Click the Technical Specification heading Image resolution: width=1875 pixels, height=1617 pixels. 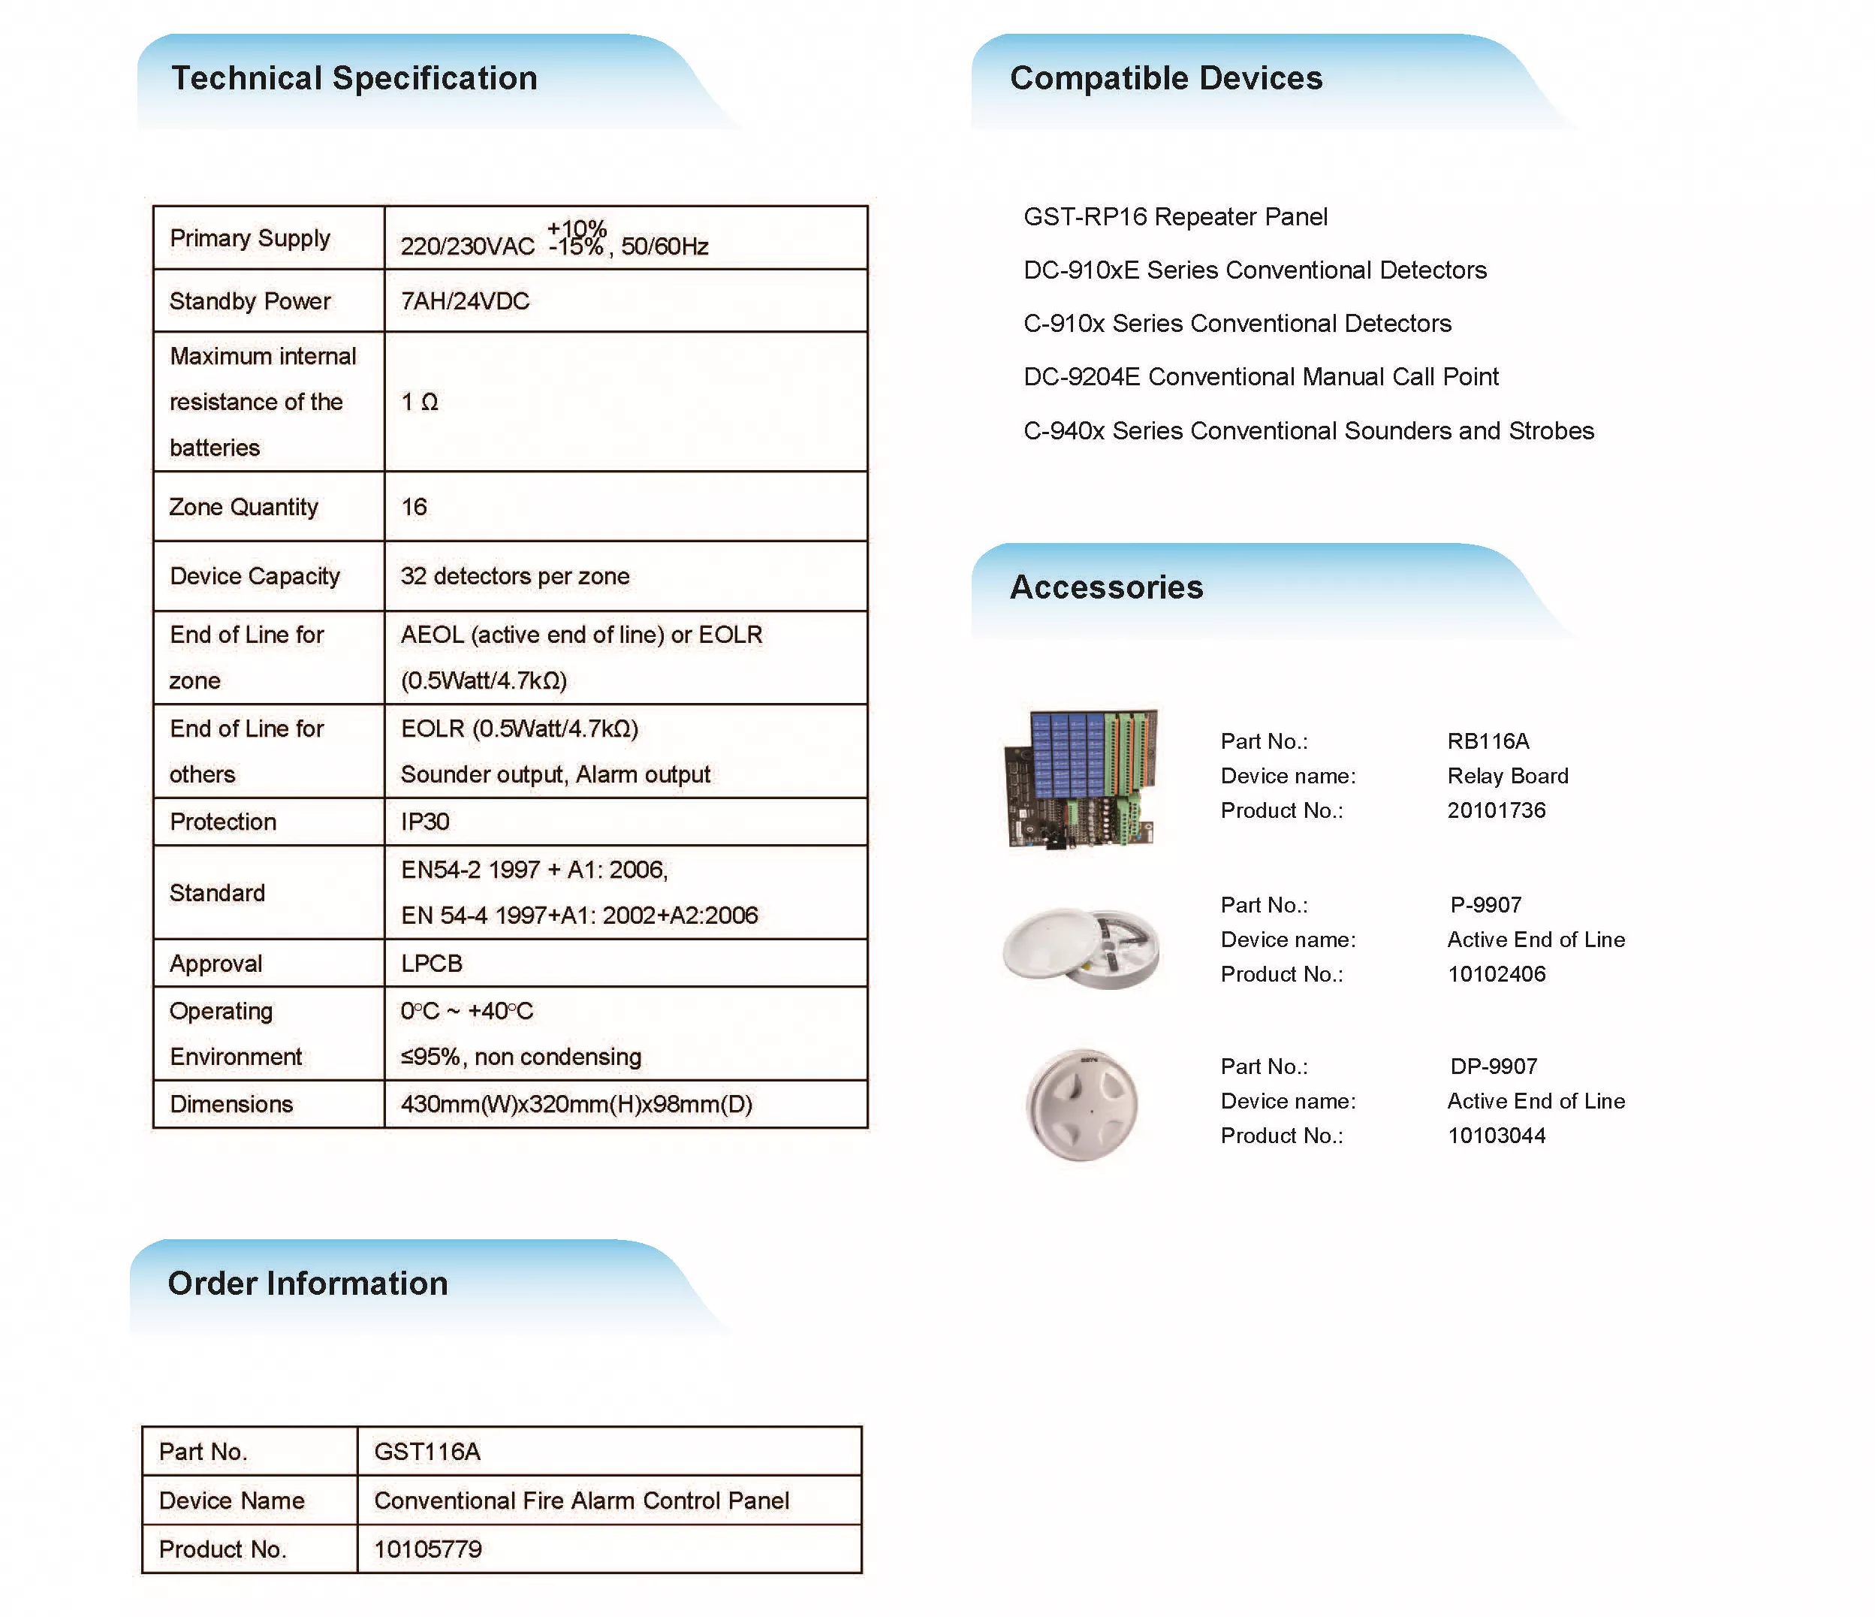(x=354, y=79)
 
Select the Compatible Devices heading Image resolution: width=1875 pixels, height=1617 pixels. (x=1165, y=79)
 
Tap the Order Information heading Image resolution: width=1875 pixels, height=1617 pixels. (x=308, y=1283)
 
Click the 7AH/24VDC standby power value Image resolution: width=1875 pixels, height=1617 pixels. (x=465, y=301)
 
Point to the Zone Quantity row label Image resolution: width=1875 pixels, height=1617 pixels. (x=243, y=507)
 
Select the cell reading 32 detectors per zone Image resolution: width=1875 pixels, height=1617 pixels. (x=515, y=576)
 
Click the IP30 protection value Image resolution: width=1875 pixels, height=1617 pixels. (x=425, y=822)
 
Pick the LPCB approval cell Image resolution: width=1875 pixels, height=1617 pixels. (x=432, y=964)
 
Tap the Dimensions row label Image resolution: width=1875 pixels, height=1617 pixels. (x=232, y=1104)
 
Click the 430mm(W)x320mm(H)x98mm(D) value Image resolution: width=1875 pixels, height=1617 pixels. (x=577, y=1104)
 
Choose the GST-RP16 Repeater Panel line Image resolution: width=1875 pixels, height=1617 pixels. (x=1175, y=217)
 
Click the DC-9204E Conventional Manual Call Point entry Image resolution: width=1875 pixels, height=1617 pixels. (x=1261, y=377)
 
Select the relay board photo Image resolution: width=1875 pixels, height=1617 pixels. (x=1081, y=779)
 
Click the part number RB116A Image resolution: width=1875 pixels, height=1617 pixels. (x=1488, y=742)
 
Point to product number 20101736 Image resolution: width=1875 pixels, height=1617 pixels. (x=1496, y=811)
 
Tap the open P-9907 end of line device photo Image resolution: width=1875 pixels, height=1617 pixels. (x=1081, y=947)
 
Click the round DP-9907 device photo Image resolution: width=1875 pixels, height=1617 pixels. (x=1081, y=1105)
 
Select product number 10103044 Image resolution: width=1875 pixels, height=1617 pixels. (x=1496, y=1136)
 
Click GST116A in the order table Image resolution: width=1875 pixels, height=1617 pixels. (x=427, y=1453)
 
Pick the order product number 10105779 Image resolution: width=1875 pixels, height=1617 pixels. (x=428, y=1549)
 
